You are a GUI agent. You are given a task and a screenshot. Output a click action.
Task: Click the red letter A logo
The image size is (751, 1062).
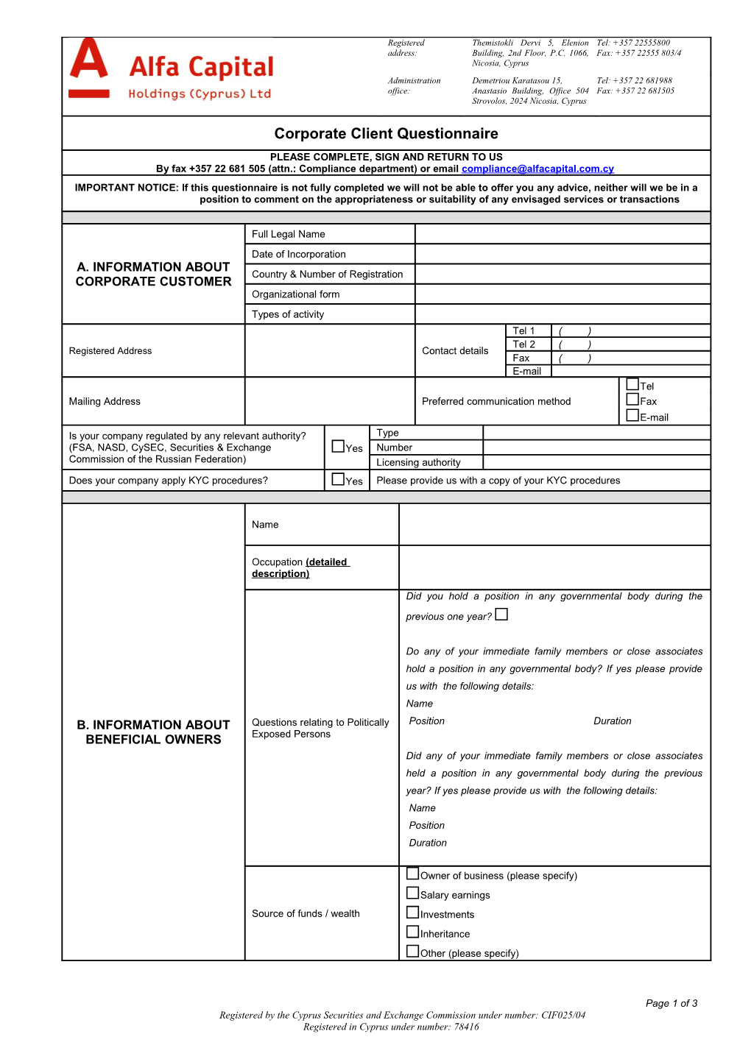(x=88, y=60)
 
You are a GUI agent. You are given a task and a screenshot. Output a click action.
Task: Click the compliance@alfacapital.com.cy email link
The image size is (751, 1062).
(x=537, y=169)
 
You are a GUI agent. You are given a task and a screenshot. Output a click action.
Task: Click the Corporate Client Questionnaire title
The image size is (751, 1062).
(x=386, y=133)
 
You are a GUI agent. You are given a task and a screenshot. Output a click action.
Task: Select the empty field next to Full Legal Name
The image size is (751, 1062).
(x=563, y=234)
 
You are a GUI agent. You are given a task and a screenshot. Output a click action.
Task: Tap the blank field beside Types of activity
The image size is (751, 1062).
(x=563, y=314)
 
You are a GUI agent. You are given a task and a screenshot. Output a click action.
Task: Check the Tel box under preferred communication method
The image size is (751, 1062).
(x=632, y=384)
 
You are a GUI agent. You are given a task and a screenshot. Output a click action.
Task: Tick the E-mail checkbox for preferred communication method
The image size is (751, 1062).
(x=632, y=415)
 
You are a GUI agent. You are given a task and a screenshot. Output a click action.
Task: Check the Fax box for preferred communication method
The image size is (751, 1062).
(x=632, y=399)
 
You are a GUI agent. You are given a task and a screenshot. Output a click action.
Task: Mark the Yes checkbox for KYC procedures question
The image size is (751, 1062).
(x=338, y=479)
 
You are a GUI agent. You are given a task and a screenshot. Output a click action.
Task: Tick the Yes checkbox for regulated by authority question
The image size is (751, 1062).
(x=338, y=446)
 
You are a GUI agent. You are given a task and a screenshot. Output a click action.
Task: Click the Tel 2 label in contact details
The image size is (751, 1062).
(x=523, y=344)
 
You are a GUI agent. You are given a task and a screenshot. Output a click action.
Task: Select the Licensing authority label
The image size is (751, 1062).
(x=418, y=462)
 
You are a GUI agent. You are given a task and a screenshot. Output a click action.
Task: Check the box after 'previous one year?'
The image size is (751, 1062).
(x=501, y=615)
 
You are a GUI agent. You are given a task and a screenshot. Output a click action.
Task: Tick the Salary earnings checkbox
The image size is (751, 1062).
(x=413, y=893)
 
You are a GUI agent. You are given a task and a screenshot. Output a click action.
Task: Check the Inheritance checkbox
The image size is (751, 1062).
(x=413, y=932)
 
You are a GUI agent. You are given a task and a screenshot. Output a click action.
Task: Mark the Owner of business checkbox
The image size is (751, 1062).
(x=413, y=874)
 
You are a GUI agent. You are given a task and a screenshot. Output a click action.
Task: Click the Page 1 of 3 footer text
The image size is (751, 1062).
(x=671, y=1003)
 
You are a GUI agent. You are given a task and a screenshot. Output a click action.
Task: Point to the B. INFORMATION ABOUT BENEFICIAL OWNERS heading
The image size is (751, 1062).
(x=153, y=732)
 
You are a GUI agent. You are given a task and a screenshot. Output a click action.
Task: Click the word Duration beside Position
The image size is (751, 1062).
(x=612, y=721)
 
